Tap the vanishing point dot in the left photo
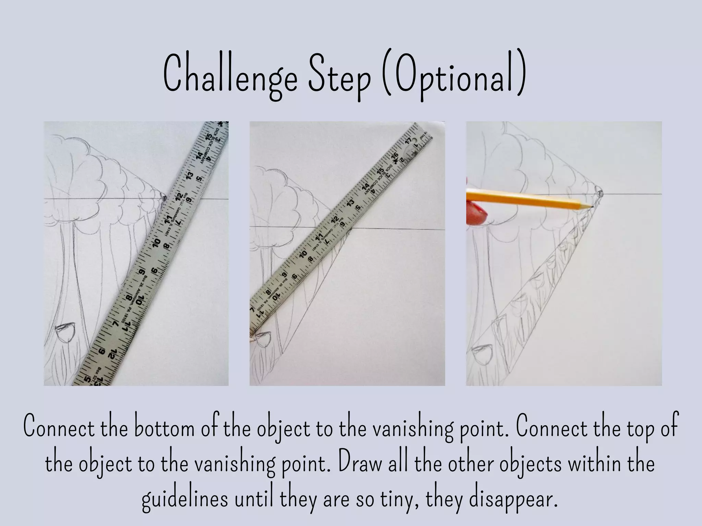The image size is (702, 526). pyautogui.click(x=164, y=198)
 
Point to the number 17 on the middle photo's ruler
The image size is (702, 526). pyautogui.click(x=408, y=140)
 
